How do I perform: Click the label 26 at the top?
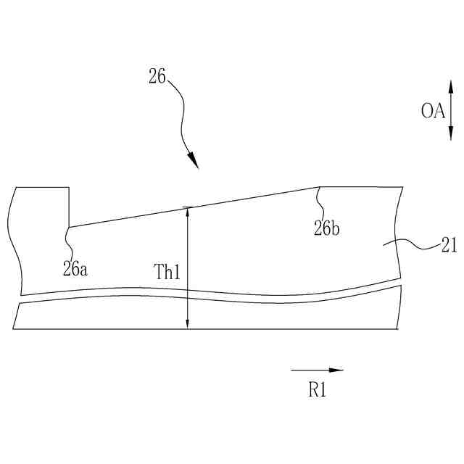click(x=157, y=75)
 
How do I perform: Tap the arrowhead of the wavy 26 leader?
click(x=194, y=162)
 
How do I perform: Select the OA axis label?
click(x=433, y=111)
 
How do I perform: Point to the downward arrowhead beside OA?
click(x=451, y=132)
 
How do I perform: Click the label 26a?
click(x=75, y=268)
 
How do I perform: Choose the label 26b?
click(x=327, y=229)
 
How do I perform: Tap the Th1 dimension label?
click(x=167, y=272)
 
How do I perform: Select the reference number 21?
click(x=449, y=246)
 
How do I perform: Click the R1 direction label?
click(x=318, y=390)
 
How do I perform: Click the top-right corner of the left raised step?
click(x=69, y=188)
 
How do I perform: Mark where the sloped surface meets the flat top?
click(x=320, y=187)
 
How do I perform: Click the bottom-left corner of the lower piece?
click(x=13, y=328)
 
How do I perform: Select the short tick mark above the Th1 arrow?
click(x=187, y=207)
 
